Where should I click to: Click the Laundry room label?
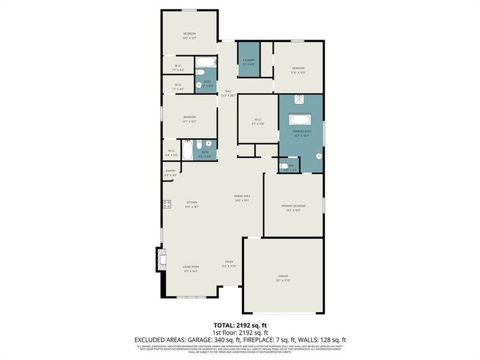tap(249, 60)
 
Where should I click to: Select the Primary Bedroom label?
tap(293, 206)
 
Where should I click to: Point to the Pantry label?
tap(170, 171)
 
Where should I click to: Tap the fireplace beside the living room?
tap(160, 259)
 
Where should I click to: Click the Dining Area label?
tap(242, 196)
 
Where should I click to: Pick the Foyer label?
tap(229, 262)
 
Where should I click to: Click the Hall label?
tap(228, 91)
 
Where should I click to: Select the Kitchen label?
tap(191, 202)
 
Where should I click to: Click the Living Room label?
tap(191, 267)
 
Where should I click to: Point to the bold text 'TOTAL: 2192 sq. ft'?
tap(240, 325)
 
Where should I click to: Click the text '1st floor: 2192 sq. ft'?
tap(240, 332)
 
